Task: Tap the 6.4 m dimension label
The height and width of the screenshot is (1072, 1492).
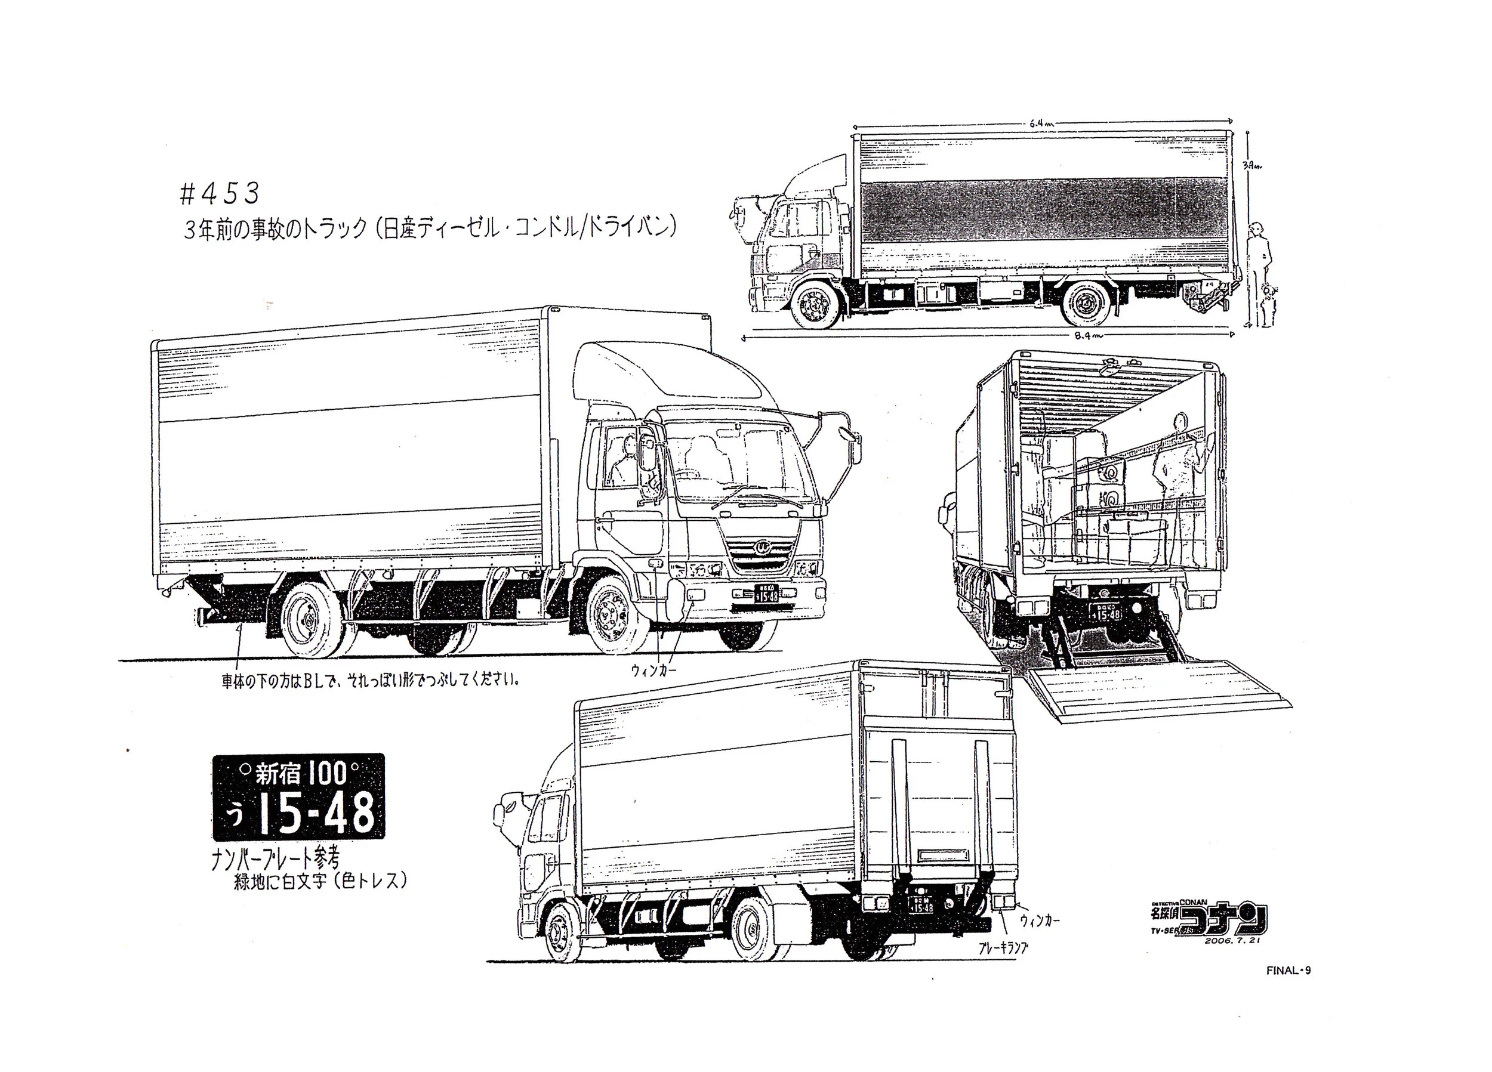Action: pos(1039,123)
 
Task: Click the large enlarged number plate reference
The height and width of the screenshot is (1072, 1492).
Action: pos(298,796)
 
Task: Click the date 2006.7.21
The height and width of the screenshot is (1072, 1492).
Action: pos(1231,941)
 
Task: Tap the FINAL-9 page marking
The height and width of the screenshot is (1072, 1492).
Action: pos(1288,970)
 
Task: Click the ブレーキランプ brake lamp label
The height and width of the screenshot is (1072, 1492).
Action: pos(1003,948)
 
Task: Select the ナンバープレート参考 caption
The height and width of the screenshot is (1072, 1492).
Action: pos(276,858)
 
